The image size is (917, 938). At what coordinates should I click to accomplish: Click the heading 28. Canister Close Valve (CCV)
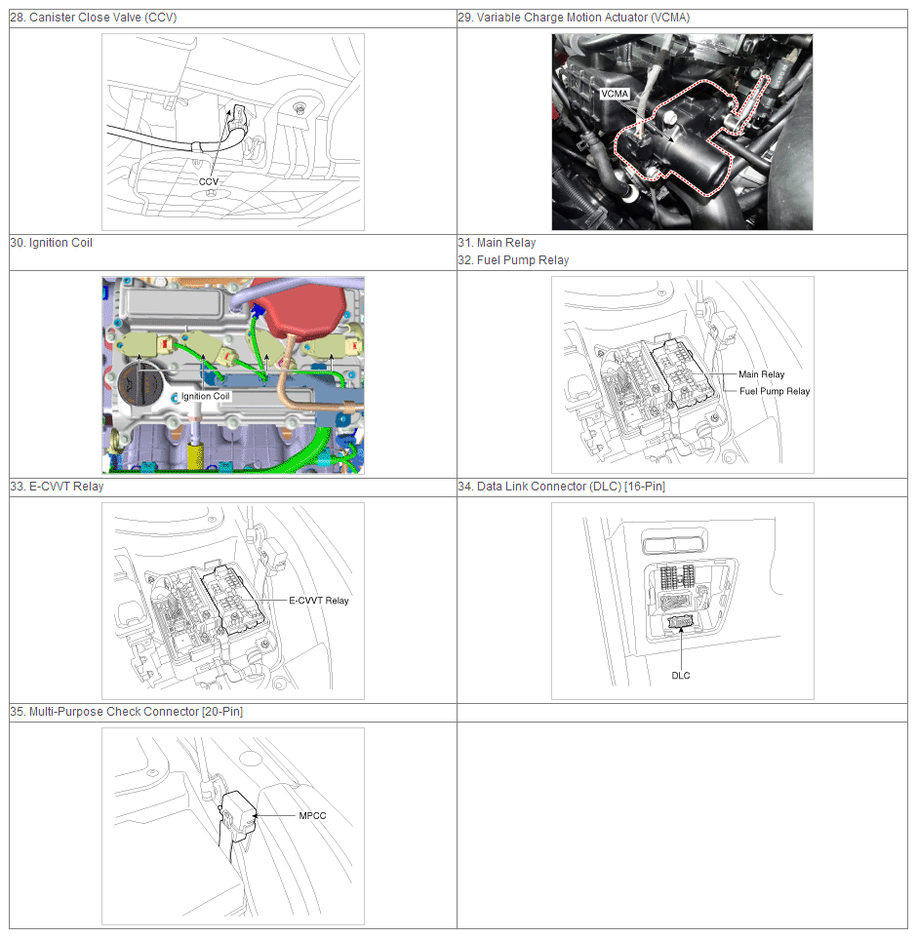coord(94,18)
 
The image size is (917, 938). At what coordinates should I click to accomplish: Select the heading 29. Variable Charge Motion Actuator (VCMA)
coord(574,18)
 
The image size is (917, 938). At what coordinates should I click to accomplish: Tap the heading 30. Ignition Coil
coord(52,242)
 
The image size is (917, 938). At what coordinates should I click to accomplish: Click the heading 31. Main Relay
coord(497,242)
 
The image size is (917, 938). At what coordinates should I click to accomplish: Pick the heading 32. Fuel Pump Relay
coord(513,260)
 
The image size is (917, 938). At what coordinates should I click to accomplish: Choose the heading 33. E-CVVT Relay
coord(57,487)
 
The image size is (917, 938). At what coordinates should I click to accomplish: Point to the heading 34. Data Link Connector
coord(562,487)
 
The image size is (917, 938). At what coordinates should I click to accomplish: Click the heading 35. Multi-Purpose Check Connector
coord(126,711)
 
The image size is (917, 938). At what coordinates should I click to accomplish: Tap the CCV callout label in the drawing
coord(209,182)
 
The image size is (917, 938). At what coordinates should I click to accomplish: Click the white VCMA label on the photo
coord(615,94)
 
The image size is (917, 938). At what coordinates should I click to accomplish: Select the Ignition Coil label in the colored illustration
coord(205,396)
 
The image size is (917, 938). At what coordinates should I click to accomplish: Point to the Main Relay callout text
coord(761,374)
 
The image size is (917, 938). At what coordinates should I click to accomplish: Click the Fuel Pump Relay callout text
coord(775,391)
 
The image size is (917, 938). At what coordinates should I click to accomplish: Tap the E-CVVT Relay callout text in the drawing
coord(318,601)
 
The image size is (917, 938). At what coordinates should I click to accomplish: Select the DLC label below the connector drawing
coord(681,676)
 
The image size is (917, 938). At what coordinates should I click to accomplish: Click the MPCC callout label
coord(312,815)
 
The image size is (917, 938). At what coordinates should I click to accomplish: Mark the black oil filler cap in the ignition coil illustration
coord(140,388)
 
